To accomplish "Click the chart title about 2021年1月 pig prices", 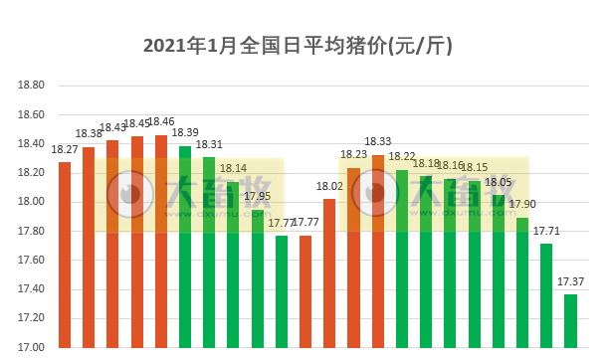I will (304, 46).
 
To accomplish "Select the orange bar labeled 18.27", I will (65, 255).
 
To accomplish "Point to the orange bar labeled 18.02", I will (329, 272).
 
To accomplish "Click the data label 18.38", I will (89, 134).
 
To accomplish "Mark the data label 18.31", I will (209, 144).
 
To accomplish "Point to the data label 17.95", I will (258, 196).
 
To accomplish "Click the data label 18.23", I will (354, 155).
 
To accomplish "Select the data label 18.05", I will (499, 182).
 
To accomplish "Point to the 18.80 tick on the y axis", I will (32, 86).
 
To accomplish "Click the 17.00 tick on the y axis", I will (32, 347).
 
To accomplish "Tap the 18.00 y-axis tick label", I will (32, 202).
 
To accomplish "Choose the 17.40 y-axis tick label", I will (32, 289).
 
